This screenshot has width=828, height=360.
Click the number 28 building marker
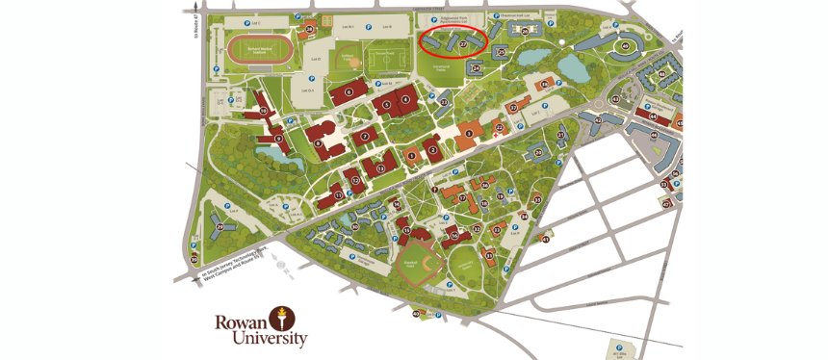pyautogui.click(x=310, y=30)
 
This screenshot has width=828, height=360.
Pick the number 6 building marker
pyautogui.click(x=348, y=92)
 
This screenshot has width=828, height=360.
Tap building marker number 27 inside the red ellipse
pyautogui.click(x=462, y=44)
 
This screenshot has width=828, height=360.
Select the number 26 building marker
pyautogui.click(x=525, y=31)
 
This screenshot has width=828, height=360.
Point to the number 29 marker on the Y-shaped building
pyautogui.click(x=220, y=226)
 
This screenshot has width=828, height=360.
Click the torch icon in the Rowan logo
pyautogui.click(x=283, y=317)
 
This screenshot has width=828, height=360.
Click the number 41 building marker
pyautogui.click(x=545, y=238)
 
